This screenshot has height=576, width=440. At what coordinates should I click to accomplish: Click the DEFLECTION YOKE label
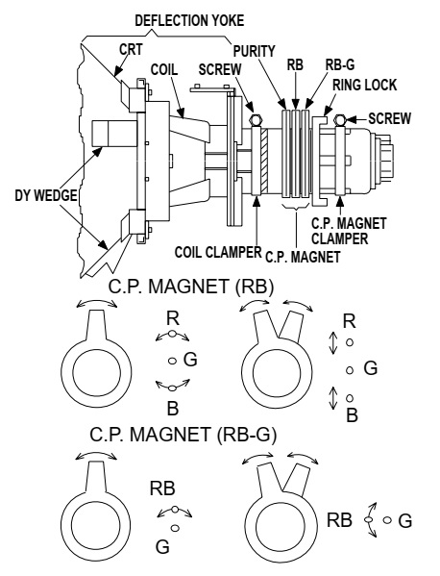click(x=189, y=20)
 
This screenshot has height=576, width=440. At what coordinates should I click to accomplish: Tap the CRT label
click(x=131, y=49)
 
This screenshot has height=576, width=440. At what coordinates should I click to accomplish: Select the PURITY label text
click(x=254, y=51)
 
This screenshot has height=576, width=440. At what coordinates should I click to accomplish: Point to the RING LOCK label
click(x=364, y=85)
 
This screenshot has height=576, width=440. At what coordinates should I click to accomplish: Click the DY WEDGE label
click(x=46, y=195)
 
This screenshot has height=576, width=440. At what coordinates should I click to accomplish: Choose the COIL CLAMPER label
click(x=218, y=252)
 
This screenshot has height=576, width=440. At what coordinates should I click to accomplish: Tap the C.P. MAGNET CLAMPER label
click(x=349, y=231)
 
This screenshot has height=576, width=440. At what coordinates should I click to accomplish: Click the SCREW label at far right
click(x=390, y=118)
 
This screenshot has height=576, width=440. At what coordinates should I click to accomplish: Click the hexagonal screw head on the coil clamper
click(x=256, y=120)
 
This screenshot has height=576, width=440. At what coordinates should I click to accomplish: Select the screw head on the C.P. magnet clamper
click(x=340, y=119)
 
